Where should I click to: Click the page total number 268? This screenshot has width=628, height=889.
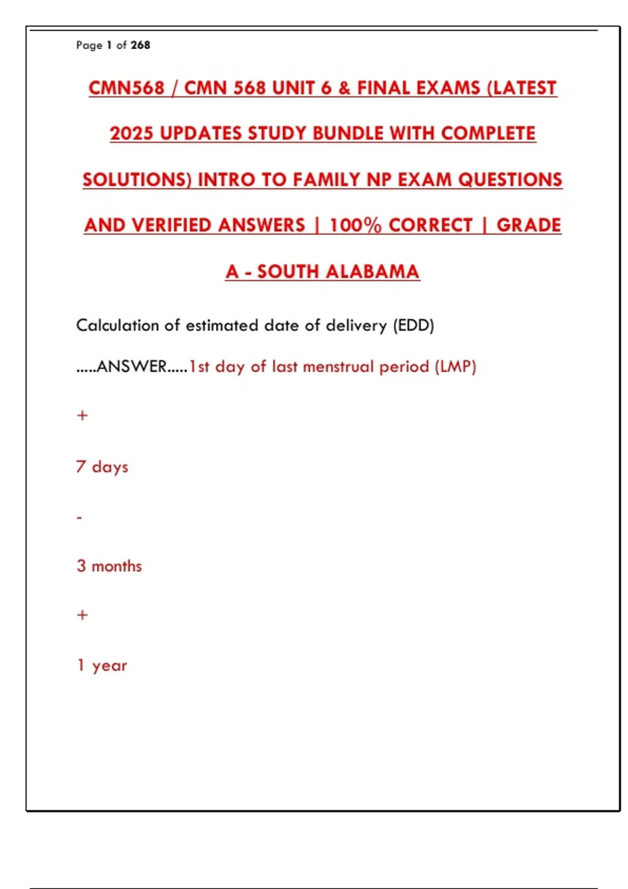coord(140,45)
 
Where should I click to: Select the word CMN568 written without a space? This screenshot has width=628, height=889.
coord(126,88)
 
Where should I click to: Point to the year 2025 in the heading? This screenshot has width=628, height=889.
coord(131,133)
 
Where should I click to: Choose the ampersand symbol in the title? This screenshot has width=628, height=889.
coord(344,88)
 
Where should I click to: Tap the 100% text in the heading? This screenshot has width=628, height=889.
coord(355,225)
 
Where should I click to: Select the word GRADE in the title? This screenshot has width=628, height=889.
coord(529,225)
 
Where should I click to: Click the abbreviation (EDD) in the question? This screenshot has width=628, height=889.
coord(413,325)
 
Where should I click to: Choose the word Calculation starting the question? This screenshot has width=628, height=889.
coord(117,325)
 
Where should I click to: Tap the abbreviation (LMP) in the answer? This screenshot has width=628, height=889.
coord(455,367)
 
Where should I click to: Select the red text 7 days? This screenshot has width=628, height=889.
coord(102,466)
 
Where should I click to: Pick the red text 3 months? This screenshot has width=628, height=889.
coord(109,566)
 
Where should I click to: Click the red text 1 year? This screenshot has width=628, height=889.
coord(102,665)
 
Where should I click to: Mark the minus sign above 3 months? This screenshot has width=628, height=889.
coord(80,518)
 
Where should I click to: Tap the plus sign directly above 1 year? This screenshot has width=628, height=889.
coord(82,615)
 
